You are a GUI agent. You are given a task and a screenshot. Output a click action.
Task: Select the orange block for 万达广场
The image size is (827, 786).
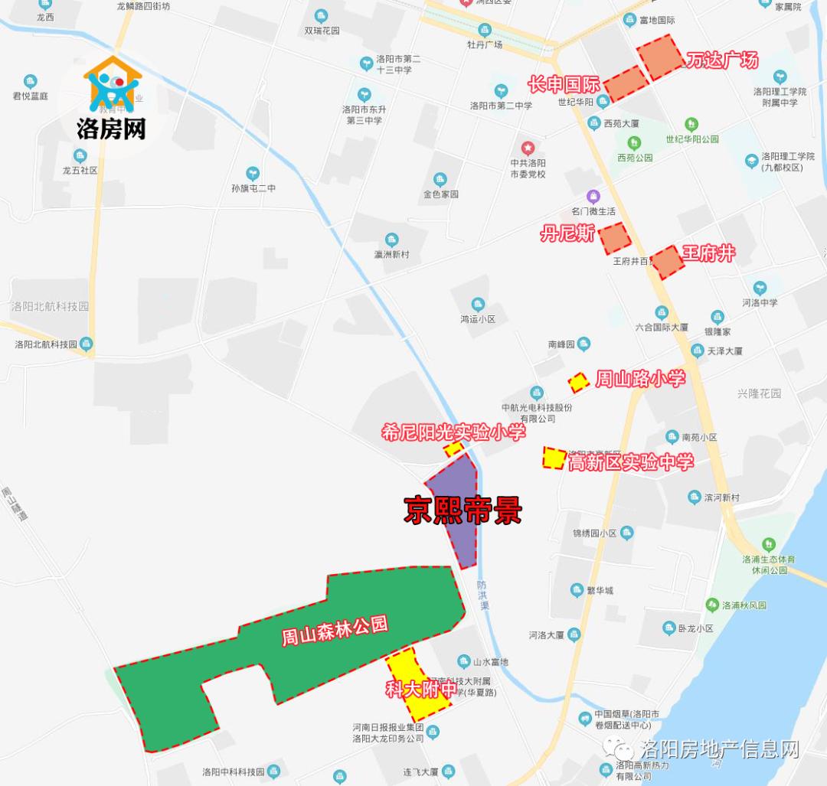[x=660, y=57]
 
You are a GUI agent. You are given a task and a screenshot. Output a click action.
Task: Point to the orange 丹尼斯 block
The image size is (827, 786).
[x=615, y=239]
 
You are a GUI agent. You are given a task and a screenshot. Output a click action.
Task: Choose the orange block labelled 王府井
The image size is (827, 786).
[x=666, y=262]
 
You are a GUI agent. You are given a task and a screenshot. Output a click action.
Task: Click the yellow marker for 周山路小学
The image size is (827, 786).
[x=578, y=380]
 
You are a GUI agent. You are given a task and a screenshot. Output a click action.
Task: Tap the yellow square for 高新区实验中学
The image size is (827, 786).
[x=553, y=458]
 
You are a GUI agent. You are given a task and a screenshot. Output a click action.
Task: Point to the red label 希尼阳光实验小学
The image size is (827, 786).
[x=453, y=433]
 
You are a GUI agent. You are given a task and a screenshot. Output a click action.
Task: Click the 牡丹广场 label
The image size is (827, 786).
[x=485, y=44]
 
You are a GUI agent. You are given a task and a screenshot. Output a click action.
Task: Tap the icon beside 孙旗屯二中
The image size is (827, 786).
[x=253, y=174]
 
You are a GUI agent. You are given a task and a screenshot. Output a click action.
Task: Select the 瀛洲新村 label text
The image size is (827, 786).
[x=391, y=254]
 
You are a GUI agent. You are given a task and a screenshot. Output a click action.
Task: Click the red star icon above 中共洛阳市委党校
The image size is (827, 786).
[x=527, y=147]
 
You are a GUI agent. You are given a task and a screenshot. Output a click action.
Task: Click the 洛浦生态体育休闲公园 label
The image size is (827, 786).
[x=770, y=565]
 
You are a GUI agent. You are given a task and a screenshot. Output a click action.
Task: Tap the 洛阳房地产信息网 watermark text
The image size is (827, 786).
[x=720, y=748]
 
